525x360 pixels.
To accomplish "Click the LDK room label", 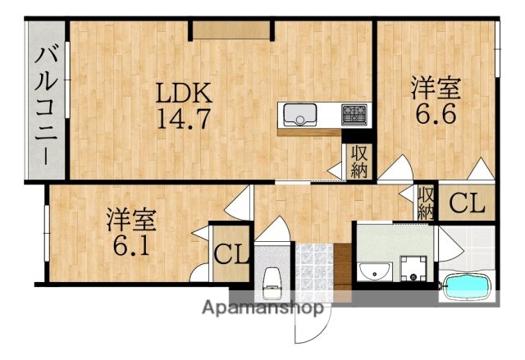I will [185, 91].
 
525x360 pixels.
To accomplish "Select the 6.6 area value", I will [436, 114].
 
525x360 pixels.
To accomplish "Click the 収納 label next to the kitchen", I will [359, 162].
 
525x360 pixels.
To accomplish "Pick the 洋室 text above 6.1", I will [130, 219].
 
